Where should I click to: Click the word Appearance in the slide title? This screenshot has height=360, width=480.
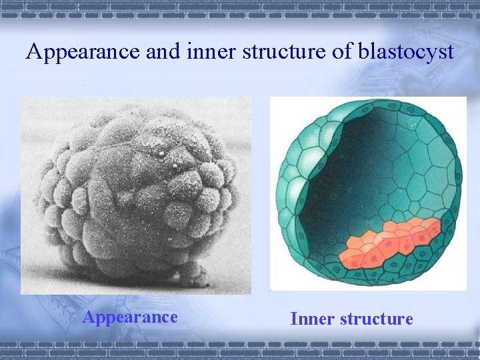tap(82, 51)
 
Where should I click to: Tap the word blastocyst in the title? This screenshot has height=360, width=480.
tap(407, 51)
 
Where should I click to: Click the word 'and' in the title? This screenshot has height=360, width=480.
tap(161, 51)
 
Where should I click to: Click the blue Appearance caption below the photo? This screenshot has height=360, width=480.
tap(130, 317)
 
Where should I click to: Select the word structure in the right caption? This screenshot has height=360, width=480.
tap(376, 319)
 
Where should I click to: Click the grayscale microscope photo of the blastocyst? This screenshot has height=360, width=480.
tap(136, 193)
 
